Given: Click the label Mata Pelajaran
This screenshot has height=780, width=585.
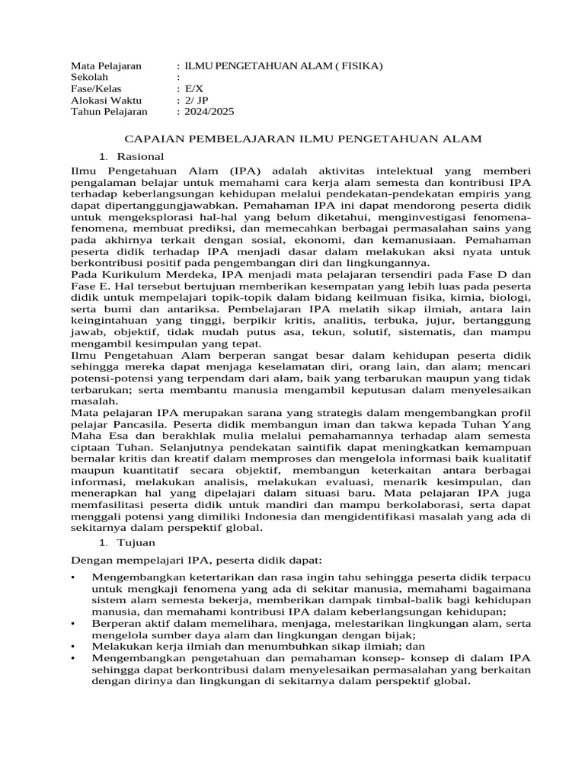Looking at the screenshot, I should coord(106,66).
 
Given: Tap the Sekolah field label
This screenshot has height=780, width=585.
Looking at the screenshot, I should coord(90,78).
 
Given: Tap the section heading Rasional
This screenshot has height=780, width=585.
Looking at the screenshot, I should coord(140,155).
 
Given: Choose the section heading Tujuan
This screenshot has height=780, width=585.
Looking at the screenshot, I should coord(137,542).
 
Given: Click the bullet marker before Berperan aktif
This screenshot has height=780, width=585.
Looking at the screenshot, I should coord(72,623).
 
